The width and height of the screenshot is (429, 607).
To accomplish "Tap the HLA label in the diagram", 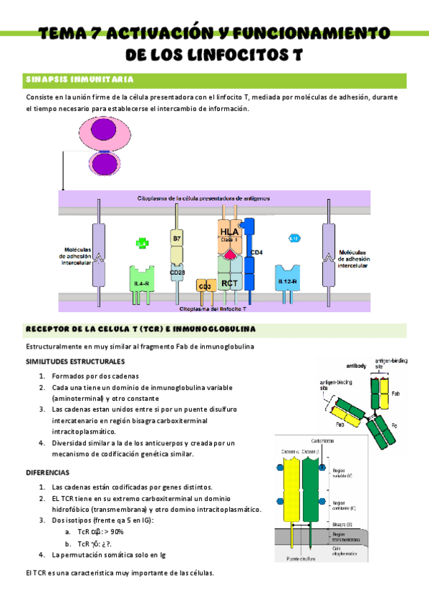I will [x=229, y=230].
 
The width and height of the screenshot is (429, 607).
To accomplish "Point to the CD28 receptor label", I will [x=178, y=273].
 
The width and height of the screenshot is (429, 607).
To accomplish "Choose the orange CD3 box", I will [x=204, y=286].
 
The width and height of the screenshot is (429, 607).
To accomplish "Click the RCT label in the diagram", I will [x=229, y=283].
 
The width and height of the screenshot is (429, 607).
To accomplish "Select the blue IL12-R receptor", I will [x=287, y=281].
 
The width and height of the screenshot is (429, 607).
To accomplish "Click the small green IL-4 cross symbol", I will [x=142, y=243].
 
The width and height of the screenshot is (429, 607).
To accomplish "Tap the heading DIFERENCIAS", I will [x=47, y=473].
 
